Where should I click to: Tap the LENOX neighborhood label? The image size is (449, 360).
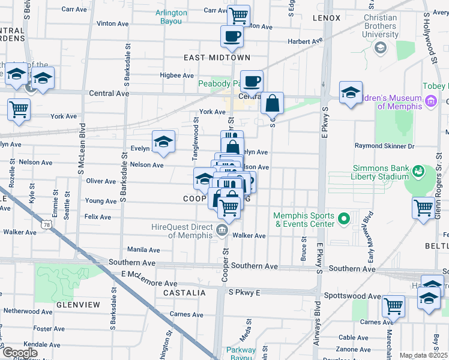(x=327, y=18)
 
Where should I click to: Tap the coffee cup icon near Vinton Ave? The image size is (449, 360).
(x=232, y=36)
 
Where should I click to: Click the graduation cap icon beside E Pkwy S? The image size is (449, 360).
(x=350, y=92)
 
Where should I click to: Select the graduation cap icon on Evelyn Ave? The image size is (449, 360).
(x=163, y=142)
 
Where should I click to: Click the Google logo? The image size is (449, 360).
(x=19, y=353)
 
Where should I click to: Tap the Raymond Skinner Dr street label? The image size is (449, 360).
(x=393, y=146)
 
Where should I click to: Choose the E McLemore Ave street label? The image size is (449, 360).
(x=149, y=278)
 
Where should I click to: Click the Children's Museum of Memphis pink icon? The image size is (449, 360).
(x=430, y=102)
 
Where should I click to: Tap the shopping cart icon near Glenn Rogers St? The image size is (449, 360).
(x=423, y=208)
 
